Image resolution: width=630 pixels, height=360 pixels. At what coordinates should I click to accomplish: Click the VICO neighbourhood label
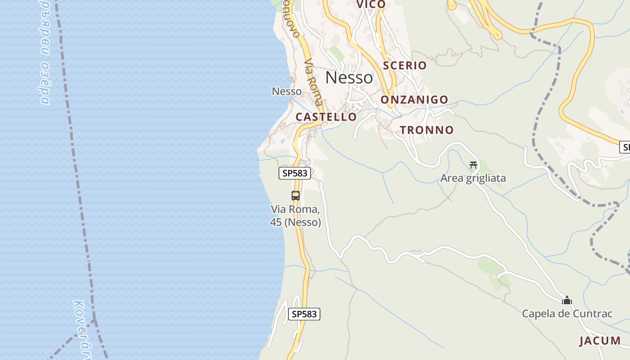pyautogui.click(x=371, y=4)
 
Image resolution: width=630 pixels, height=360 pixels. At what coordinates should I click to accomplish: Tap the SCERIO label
pyautogui.click(x=405, y=65)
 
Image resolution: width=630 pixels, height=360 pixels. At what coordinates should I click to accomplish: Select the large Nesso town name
pyautogui.click(x=349, y=77)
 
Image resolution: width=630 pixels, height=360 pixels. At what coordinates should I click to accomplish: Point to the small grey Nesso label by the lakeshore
pyautogui.click(x=287, y=91)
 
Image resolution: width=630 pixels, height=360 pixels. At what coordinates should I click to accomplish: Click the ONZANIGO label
pyautogui.click(x=414, y=99)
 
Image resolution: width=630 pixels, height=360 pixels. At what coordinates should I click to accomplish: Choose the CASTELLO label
pyautogui.click(x=326, y=117)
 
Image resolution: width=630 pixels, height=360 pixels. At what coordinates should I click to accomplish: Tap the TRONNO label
pyautogui.click(x=427, y=130)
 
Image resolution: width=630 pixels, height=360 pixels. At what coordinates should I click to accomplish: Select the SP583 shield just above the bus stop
pyautogui.click(x=295, y=173)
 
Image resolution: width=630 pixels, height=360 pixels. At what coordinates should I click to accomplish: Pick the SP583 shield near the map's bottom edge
pyautogui.click(x=304, y=314)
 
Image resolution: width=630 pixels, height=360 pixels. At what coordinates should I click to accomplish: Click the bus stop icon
pyautogui.click(x=296, y=196)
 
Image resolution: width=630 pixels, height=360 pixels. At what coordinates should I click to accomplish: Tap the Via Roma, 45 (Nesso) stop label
pyautogui.click(x=296, y=216)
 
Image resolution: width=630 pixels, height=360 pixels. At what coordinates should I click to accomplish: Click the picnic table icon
pyautogui.click(x=473, y=165)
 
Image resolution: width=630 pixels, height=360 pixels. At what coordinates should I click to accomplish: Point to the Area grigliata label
pyautogui.click(x=473, y=178)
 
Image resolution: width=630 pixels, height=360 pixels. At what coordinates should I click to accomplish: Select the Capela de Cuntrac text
pyautogui.click(x=567, y=314)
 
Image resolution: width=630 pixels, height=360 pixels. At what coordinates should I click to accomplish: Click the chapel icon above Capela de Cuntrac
pyautogui.click(x=567, y=300)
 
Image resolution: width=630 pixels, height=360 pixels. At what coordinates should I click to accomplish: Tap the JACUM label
pyautogui.click(x=600, y=341)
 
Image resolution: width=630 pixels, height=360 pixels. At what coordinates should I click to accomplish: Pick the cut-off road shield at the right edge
pyautogui.click(x=625, y=147)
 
